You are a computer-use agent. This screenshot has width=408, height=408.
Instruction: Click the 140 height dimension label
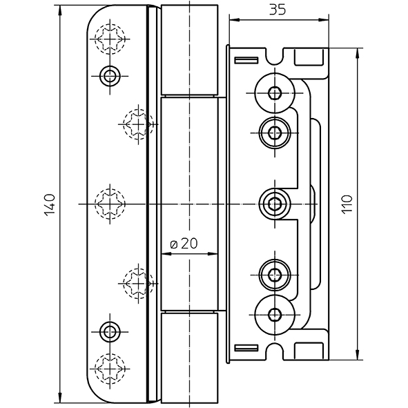tap(50, 205)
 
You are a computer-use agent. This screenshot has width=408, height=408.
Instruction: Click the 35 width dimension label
tap(277, 10)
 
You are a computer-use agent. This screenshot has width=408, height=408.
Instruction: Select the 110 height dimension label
tap(347, 204)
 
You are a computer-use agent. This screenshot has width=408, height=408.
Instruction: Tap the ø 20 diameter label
tap(184, 244)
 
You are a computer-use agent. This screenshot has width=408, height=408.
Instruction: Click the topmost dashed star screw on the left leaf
tap(110, 39)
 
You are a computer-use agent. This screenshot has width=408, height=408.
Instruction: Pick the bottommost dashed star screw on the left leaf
tap(110, 369)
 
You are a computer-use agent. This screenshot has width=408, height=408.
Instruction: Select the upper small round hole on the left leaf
tap(110, 76)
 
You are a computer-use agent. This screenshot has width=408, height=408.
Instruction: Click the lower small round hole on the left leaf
tap(110, 332)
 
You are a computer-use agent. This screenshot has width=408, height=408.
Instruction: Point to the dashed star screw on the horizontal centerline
tap(110, 204)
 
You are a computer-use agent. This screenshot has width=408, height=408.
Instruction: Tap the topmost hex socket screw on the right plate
tap(275, 93)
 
